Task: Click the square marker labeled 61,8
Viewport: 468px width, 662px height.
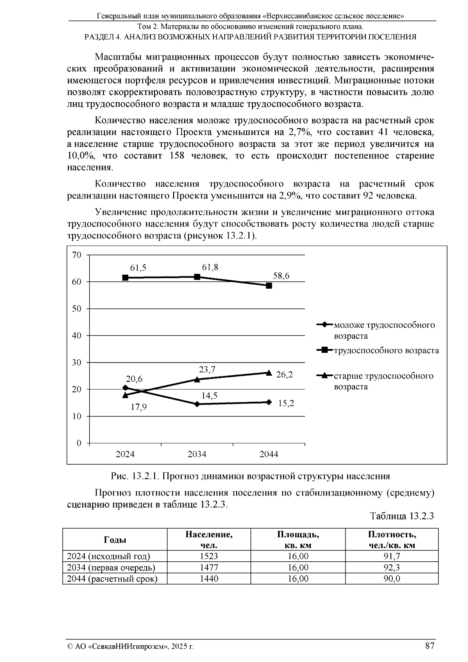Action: point(197,277)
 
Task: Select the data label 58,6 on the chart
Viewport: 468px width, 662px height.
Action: point(281,276)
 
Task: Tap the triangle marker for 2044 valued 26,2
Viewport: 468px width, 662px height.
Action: point(269,373)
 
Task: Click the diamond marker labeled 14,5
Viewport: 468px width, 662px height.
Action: point(197,404)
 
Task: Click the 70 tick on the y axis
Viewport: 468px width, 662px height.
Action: point(76,255)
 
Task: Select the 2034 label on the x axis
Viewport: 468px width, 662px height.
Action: point(197,454)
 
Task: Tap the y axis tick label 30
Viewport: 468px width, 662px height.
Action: point(76,362)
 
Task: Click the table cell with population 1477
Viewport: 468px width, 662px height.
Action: point(209,567)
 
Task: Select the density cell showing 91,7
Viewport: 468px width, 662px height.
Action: point(392,556)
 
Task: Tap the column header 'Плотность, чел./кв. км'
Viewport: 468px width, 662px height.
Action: point(392,540)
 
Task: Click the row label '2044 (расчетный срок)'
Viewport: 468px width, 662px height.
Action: point(112,579)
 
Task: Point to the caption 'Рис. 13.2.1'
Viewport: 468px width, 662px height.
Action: point(135,476)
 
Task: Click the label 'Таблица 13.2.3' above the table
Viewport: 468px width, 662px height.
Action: point(402,516)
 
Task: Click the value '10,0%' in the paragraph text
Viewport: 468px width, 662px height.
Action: point(82,156)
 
